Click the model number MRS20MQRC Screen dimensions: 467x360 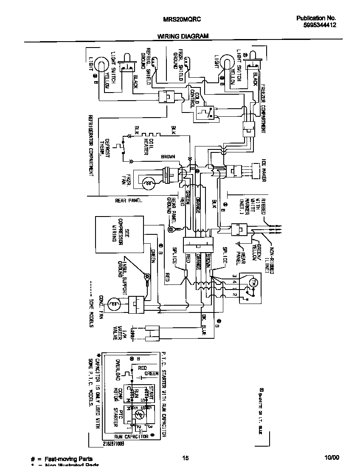tap(182, 19)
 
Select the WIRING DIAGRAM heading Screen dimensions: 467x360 tap(183, 36)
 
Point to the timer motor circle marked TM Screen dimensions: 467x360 tap(253, 282)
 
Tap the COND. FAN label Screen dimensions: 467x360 tap(101, 304)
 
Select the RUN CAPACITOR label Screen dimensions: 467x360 tap(132, 436)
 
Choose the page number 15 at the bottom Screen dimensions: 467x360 tap(186, 458)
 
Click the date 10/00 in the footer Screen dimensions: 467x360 tap(332, 458)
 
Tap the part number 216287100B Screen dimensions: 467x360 tap(113, 444)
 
